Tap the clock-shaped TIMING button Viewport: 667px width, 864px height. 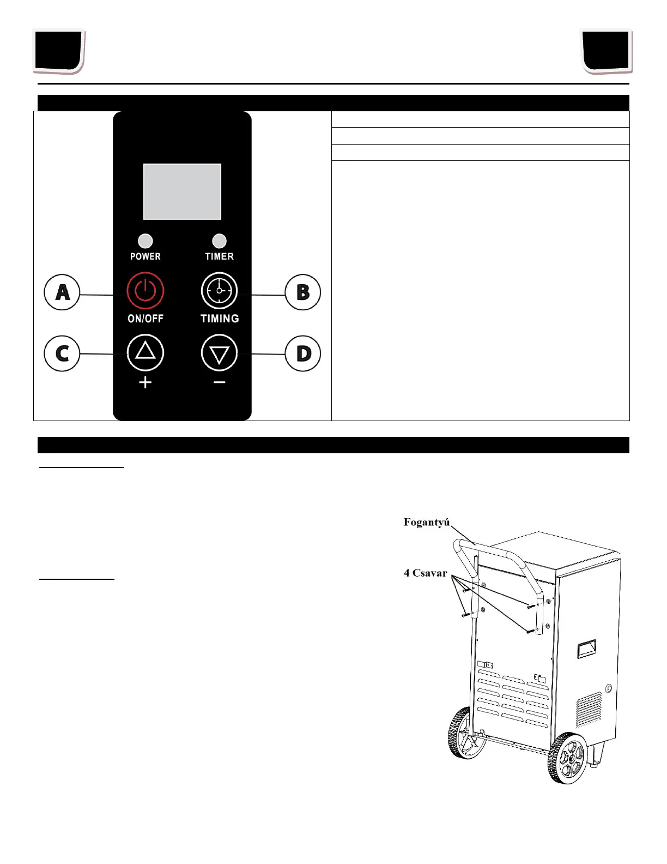click(x=220, y=291)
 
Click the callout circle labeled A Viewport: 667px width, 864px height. click(x=62, y=292)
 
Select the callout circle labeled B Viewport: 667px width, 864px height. click(x=303, y=292)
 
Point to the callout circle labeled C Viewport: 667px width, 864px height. click(x=62, y=353)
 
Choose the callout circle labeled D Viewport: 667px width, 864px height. click(x=303, y=353)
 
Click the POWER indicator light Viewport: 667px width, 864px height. click(x=145, y=241)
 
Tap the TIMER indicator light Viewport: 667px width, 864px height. click(x=219, y=241)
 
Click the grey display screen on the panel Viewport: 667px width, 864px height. click(x=182, y=191)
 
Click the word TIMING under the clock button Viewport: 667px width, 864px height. click(x=220, y=319)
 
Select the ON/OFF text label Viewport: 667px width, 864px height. click(x=145, y=319)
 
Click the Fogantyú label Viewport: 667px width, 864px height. click(x=427, y=523)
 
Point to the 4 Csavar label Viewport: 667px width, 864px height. click(x=426, y=573)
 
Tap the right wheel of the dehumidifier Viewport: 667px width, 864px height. click(x=567, y=759)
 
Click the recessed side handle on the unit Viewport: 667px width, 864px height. click(x=586, y=649)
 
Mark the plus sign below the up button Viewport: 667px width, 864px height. click(x=145, y=383)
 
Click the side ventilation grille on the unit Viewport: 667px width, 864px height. click(x=589, y=710)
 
